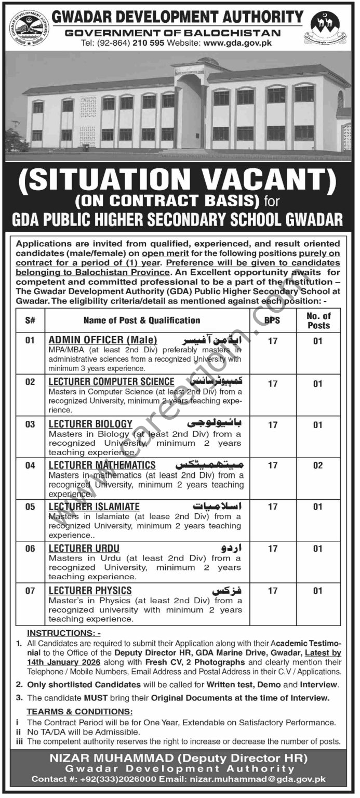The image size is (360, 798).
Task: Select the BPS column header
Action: (x=273, y=321)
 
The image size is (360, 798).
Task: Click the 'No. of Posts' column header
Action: (x=318, y=321)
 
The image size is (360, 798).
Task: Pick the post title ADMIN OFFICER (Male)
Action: (x=103, y=340)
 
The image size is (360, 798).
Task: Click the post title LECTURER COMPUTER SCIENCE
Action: (x=112, y=382)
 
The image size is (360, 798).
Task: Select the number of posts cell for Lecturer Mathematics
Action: (x=318, y=465)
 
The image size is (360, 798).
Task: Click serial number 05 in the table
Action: (x=30, y=507)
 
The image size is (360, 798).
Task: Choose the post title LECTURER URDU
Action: (x=84, y=549)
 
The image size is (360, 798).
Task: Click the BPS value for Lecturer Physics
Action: (x=273, y=591)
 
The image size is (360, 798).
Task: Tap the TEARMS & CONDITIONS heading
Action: (x=79, y=712)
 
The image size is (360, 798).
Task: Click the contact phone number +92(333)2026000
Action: (x=122, y=779)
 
